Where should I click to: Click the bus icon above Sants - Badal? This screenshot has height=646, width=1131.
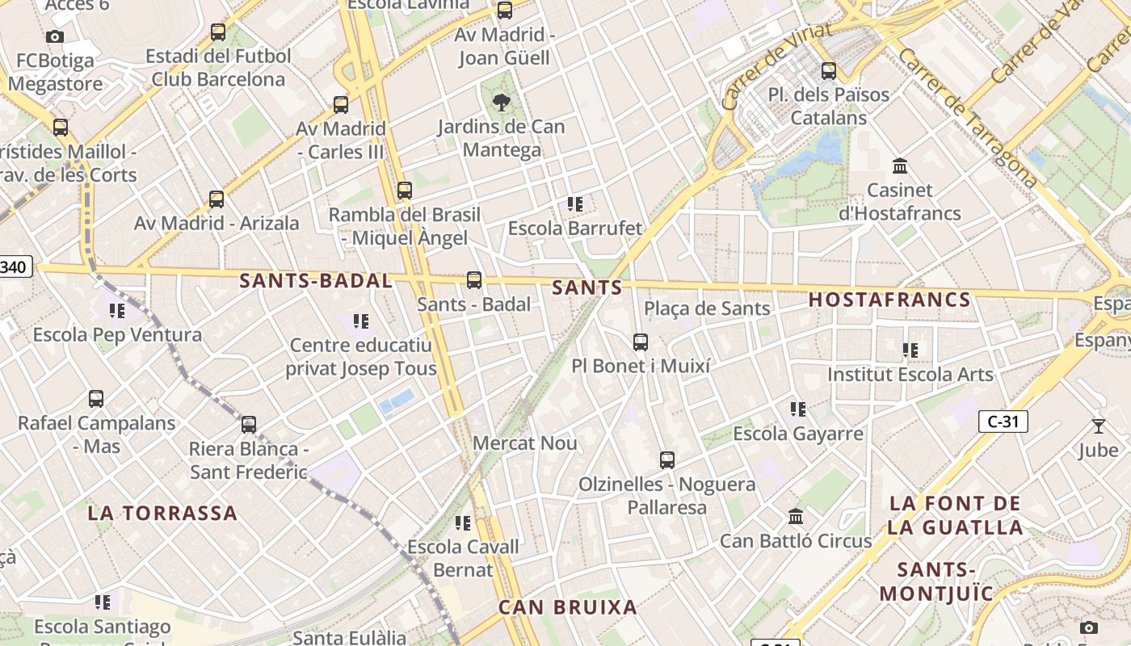coord(474,280)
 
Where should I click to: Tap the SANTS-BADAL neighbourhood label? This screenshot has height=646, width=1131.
coord(316,281)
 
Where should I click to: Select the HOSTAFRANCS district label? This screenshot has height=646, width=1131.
coord(889,300)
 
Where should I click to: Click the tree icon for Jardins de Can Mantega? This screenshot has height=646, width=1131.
coord(502,103)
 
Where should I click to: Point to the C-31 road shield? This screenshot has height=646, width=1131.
coord(1003,421)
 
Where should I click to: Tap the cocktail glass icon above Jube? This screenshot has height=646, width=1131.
coord(1098,426)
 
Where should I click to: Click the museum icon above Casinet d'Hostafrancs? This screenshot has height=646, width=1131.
coord(900,166)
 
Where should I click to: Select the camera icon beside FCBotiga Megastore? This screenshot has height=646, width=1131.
coord(55,36)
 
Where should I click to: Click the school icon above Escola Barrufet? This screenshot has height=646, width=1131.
coord(575,204)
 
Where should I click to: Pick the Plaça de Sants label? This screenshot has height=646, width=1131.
coord(707,308)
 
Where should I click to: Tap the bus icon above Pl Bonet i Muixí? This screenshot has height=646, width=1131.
coord(641,342)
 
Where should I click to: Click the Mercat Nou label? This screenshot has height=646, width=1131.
coord(525,443)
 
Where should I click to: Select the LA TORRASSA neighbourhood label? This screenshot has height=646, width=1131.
coord(162,513)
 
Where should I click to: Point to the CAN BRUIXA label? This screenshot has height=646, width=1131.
coord(567,607)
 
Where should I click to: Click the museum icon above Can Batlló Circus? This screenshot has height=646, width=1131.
coord(796,516)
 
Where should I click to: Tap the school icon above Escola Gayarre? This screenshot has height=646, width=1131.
coord(798,409)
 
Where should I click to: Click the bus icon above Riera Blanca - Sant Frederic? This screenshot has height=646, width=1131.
coord(249,425)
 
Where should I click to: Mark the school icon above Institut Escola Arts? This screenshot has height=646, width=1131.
coord(910,350)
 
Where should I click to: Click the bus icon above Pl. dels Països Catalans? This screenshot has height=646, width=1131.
coord(828,71)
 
